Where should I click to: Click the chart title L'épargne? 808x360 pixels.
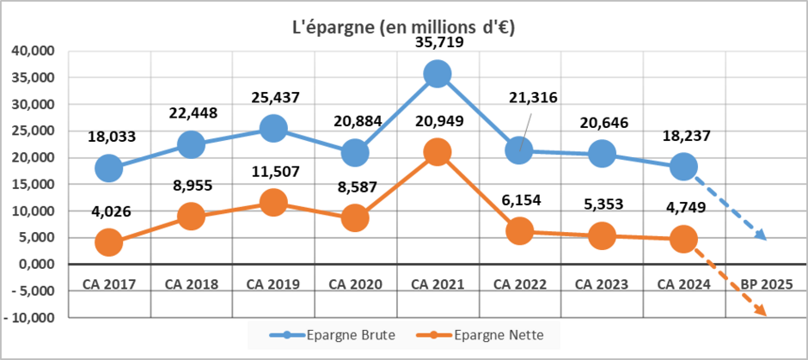tap(403, 27)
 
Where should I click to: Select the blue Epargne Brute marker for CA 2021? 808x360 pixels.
tap(438, 74)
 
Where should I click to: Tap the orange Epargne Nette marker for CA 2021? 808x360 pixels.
tap(438, 153)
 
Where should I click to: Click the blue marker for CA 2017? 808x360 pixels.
tap(109, 168)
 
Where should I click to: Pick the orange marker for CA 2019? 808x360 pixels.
tap(273, 203)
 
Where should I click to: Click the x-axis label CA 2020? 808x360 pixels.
tap(355, 284)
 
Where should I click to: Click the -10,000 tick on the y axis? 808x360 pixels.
tap(30, 317)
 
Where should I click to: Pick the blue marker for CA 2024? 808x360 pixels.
tap(683, 167)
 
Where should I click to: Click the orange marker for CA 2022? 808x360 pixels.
tap(519, 231)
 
